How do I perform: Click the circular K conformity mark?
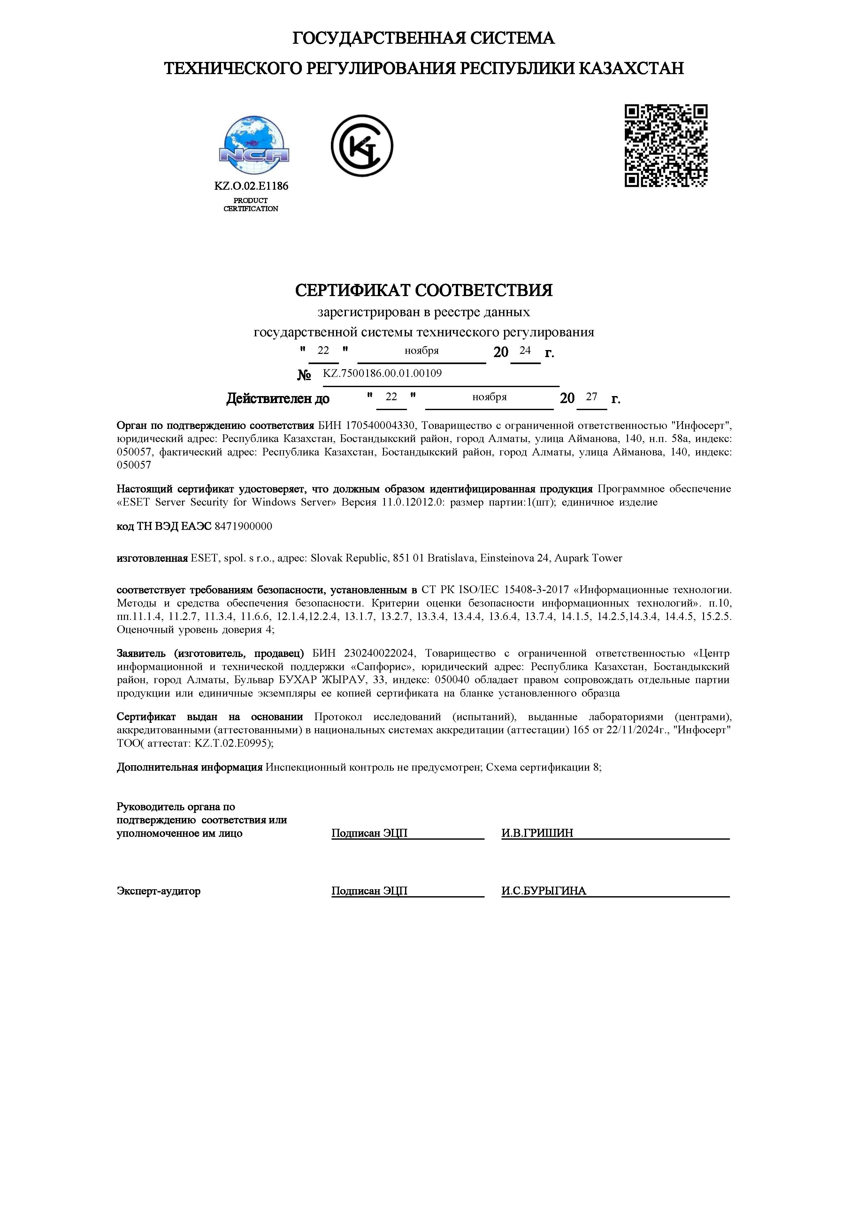click(362, 146)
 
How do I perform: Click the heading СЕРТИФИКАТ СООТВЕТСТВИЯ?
click(424, 290)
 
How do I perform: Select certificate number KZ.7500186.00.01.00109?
click(382, 373)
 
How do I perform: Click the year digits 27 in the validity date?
click(591, 397)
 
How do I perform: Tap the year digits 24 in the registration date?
click(525, 351)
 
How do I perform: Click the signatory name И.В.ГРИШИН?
click(537, 833)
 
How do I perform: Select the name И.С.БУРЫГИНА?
click(544, 891)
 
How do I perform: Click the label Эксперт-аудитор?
click(159, 891)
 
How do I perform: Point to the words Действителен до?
click(278, 399)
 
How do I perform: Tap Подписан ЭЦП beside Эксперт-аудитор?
click(369, 891)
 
